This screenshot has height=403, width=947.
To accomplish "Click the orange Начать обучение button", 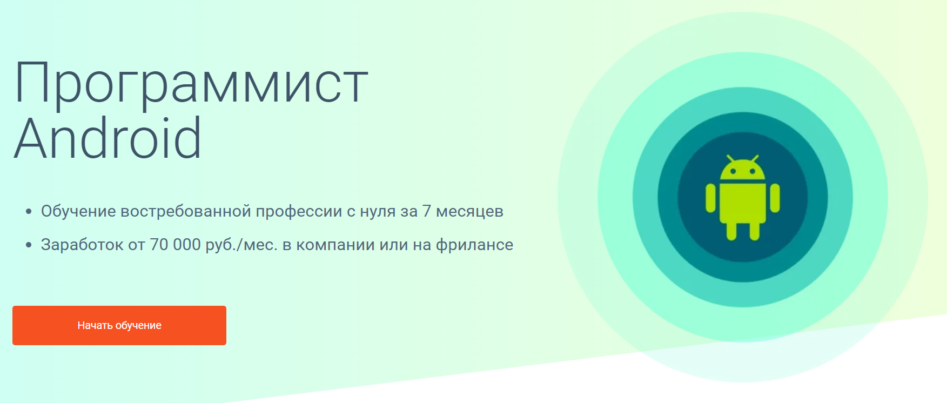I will coord(119,325).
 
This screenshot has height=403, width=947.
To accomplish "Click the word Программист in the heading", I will coord(191,84).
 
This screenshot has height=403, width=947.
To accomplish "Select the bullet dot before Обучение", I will coord(29,212).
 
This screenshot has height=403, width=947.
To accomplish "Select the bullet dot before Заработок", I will coord(29,245).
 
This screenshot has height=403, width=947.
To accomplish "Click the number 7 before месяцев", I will coord(427,211).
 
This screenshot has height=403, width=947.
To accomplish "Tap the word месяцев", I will coord(469,211).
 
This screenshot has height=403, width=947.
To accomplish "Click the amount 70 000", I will coord(175,245).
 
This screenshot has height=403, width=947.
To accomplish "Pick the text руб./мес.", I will coord(241,245).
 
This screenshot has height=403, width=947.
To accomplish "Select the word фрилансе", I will coord(474,245).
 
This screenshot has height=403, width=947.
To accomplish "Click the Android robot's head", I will coord(743,171).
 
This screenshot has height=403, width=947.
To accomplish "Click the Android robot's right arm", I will coord(775,198).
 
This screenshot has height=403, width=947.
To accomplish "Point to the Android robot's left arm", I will coord(711,198).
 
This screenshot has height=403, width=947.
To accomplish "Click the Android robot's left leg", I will coord(731,231).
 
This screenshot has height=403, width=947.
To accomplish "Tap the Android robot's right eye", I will coord(753,171).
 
